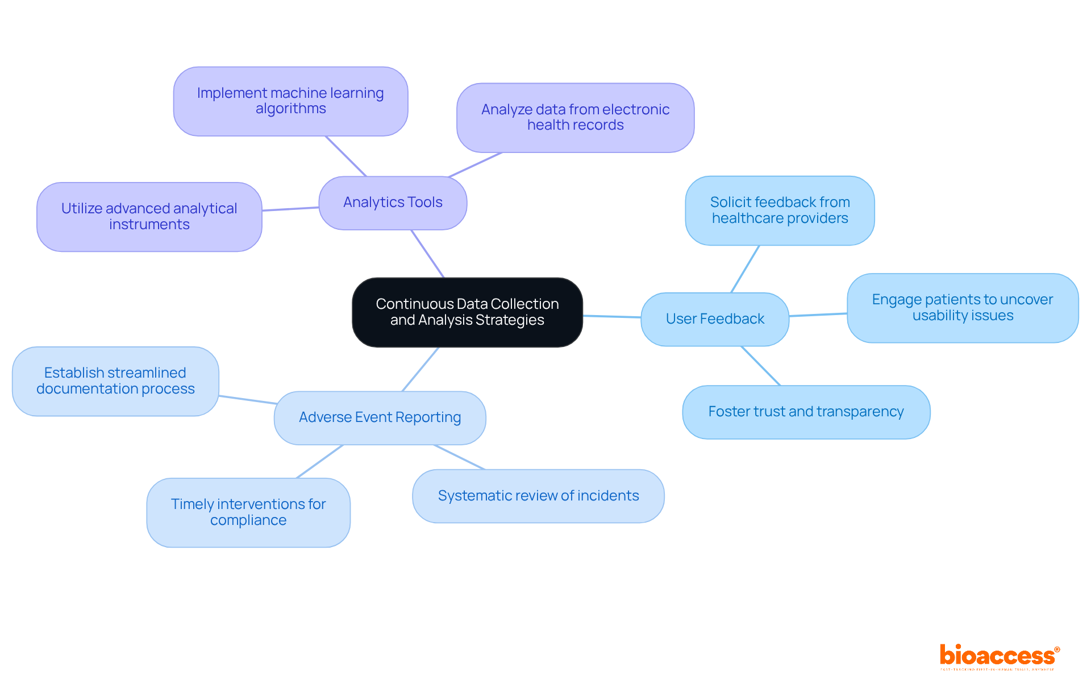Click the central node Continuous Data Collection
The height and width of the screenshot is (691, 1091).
467,312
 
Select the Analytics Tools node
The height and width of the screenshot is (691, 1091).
393,202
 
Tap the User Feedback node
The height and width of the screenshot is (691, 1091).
715,319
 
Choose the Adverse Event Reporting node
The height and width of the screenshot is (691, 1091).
380,417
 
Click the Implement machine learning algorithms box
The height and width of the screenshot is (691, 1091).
290,101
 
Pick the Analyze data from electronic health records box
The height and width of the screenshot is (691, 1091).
575,118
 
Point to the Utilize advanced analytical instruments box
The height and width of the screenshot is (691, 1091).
149,217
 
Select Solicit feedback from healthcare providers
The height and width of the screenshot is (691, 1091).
780,210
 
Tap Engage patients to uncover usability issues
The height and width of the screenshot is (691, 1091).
963,308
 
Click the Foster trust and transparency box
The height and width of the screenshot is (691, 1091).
806,412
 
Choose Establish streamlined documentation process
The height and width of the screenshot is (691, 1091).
115,381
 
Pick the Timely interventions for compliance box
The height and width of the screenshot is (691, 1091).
248,512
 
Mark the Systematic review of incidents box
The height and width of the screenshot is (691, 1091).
538,496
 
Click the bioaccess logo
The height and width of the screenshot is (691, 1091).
999,656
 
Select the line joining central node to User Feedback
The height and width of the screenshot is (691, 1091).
611,316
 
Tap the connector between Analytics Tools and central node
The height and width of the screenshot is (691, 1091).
427,254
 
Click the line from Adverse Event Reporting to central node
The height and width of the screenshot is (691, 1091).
420,369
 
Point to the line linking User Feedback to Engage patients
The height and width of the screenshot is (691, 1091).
818,315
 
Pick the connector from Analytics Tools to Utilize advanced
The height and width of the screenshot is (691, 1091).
290,209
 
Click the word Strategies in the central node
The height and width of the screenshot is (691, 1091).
510,320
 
